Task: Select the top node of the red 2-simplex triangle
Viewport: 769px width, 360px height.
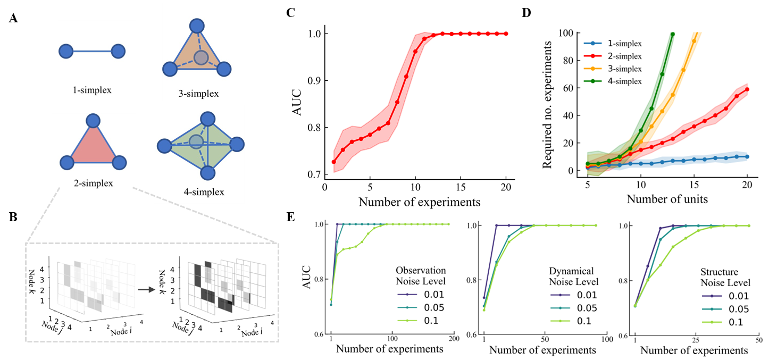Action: (93, 121)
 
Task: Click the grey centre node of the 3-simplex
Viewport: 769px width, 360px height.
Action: (200, 57)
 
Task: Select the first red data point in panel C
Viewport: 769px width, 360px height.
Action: (334, 162)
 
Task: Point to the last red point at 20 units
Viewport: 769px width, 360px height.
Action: (747, 89)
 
